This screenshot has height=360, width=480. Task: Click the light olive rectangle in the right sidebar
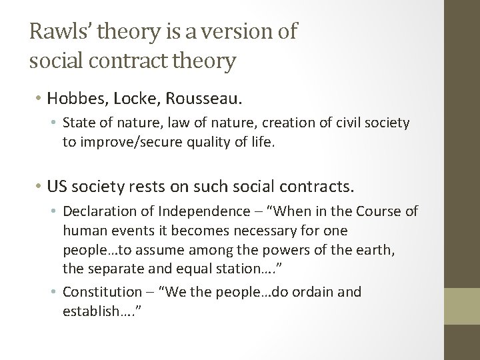click(x=462, y=305)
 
